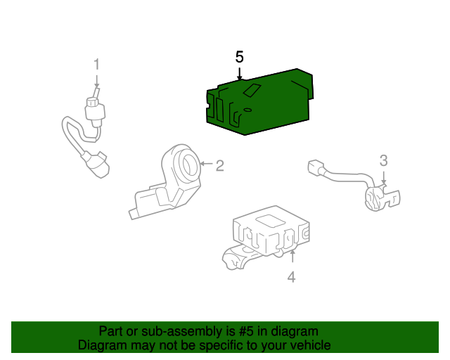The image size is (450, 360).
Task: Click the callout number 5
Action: (239, 57)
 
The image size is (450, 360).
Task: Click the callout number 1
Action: (97, 64)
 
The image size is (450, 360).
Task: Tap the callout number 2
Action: (219, 166)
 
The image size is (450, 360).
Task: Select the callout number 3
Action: (384, 161)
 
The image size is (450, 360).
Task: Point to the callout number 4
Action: (291, 277)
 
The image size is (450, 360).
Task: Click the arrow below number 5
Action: (239, 74)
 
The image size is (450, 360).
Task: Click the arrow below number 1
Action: (97, 82)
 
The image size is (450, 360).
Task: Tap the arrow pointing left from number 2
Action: (206, 164)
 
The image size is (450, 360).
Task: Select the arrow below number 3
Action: (384, 177)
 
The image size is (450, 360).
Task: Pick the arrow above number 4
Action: (292, 256)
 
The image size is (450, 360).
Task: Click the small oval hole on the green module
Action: (247, 110)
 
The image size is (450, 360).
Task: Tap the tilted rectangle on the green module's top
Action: (252, 90)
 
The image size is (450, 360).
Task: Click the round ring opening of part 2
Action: (189, 165)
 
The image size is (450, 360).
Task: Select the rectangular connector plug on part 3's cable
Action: (316, 167)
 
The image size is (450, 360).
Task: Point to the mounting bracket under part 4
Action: (241, 257)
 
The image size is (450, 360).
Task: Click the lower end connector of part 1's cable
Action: (97, 165)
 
